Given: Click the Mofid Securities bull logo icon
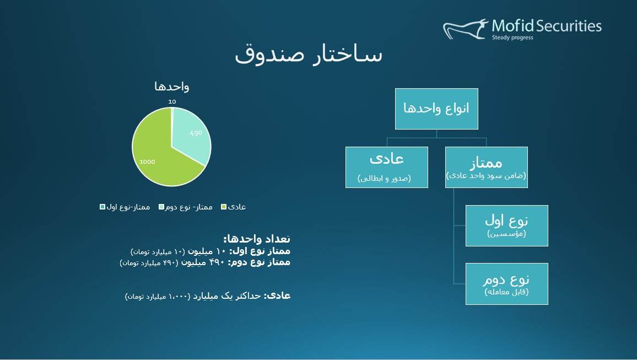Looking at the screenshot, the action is coord(465,29).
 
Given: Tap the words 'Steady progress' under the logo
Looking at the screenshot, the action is coord(512,38).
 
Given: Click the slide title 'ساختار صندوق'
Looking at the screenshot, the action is coord(309,54).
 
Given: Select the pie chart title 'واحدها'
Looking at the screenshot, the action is coord(171,87).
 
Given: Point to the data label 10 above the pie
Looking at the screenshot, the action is coord(172,101).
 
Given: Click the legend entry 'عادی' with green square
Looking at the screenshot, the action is coord(233,207).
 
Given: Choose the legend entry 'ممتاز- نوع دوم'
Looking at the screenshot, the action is coord(186,207).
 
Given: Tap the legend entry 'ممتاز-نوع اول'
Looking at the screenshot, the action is coord(125,207).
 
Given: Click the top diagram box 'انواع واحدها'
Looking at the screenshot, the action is coord(436,109).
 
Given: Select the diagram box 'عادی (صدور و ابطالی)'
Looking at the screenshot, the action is coord(387,168).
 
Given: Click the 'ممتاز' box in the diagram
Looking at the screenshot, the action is coord(486,168).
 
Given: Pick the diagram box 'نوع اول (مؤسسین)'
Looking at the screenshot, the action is coord(506,226).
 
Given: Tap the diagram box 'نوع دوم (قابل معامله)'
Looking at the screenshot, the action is coord(506,284).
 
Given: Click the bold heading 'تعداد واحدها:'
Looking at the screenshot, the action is coord(257,239).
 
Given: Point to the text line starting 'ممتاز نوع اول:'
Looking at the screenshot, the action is coord(210,251).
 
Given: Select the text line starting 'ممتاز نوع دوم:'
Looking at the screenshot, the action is coord(205,262).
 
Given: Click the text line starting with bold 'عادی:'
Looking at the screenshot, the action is coord(208,296).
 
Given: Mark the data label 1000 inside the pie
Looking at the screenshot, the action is coord(147,162).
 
